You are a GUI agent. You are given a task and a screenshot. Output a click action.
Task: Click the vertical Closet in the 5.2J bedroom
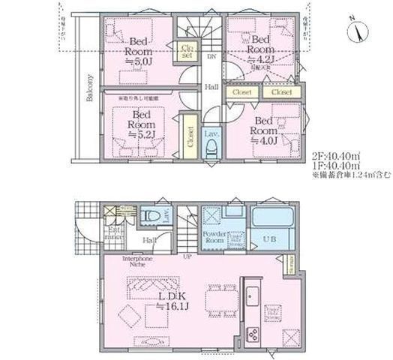(188, 138)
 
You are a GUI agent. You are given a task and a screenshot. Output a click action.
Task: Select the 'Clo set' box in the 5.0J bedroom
(187, 52)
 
